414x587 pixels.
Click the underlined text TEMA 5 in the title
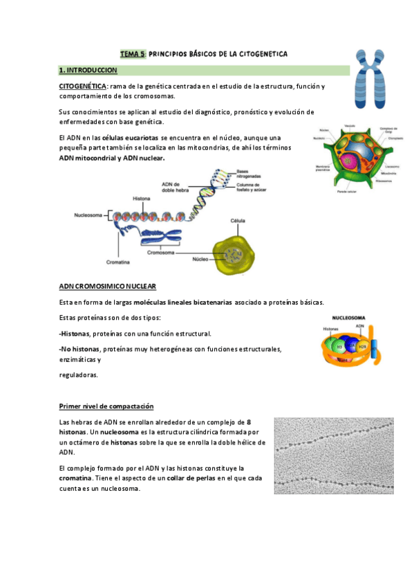133,53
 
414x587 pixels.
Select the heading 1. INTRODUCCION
88,71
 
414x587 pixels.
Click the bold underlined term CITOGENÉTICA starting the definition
82,86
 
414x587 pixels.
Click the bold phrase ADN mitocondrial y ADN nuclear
112,158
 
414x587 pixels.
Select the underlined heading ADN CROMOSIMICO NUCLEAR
107,286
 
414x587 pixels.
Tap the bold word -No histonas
79,350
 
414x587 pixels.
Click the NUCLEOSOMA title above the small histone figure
350,316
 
